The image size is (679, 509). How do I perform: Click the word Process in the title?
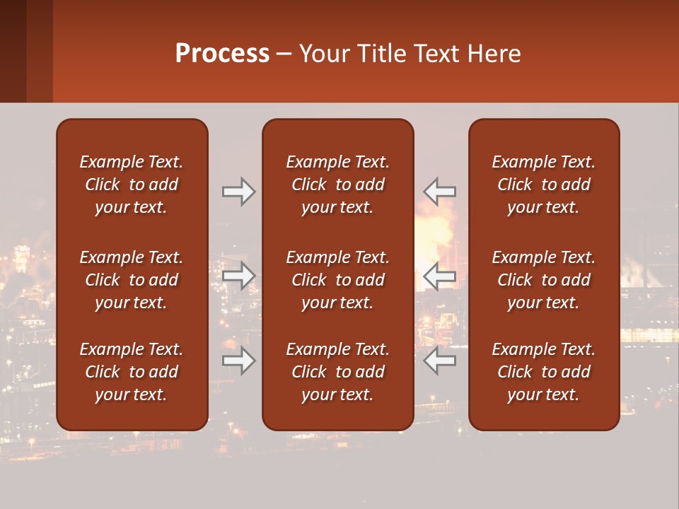click(222, 54)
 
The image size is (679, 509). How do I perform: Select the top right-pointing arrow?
click(239, 192)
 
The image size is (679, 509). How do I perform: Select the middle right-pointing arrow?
click(239, 276)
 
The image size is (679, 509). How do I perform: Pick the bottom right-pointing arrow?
click(239, 361)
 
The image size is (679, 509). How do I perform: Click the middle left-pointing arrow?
click(439, 276)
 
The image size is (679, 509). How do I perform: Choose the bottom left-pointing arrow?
click(439, 361)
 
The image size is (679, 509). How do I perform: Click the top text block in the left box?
click(132, 185)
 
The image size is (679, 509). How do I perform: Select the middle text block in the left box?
click(132, 280)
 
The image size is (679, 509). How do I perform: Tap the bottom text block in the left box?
click(132, 372)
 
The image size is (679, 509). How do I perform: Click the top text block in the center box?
click(337, 185)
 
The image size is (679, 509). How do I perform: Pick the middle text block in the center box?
click(337, 280)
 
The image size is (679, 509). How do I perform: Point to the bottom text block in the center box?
click(337, 372)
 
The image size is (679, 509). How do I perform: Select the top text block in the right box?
click(543, 185)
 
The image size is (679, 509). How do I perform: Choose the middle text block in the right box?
click(543, 280)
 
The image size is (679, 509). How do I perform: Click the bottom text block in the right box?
click(543, 372)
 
